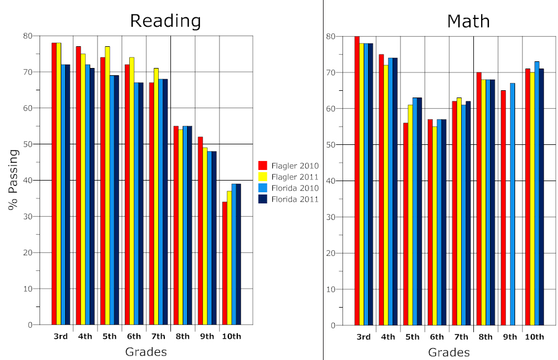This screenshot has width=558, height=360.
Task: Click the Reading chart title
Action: click(165, 21)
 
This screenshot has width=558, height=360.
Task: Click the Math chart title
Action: click(468, 21)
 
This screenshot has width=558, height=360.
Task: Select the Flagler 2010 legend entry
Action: click(288, 166)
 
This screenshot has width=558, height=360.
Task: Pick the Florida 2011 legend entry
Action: click(288, 199)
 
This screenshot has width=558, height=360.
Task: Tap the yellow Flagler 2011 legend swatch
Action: click(263, 177)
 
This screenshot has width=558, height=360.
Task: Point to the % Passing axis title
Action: click(13, 180)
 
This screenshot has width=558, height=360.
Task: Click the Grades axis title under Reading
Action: click(146, 352)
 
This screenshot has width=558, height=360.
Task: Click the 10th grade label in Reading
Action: click(231, 336)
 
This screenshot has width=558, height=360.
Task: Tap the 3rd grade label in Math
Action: click(363, 337)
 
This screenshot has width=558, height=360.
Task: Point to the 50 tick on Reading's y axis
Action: click(28, 144)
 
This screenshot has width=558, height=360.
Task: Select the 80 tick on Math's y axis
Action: click(331, 36)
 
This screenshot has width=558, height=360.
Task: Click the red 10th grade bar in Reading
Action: click(224, 264)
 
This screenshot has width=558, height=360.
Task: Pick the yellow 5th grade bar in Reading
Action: click(107, 186)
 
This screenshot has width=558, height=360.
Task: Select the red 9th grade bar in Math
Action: click(503, 208)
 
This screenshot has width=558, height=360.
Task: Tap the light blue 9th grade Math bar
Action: click(512, 205)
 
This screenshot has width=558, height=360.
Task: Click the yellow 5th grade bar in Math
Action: click(410, 215)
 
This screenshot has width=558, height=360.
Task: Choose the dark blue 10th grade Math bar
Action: click(541, 197)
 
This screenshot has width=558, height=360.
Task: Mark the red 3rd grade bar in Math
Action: click(357, 181)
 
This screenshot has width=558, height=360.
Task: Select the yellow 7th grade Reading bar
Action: click(156, 197)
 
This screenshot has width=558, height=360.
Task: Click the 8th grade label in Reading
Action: click(183, 336)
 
